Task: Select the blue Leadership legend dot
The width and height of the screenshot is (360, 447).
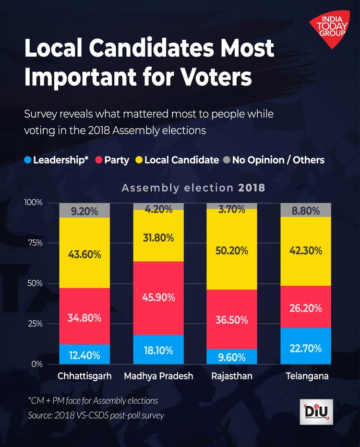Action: [28, 160]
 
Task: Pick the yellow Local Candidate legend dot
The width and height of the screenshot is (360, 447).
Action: [139, 160]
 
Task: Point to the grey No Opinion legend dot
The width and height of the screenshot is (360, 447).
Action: [227, 160]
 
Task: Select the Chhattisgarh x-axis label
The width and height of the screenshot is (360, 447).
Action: [84, 376]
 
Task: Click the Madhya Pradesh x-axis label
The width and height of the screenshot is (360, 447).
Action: [158, 376]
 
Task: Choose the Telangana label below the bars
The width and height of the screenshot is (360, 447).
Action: [307, 376]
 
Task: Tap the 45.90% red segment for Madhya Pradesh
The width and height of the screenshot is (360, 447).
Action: [158, 298]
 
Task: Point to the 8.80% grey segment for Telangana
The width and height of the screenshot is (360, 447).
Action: [305, 210]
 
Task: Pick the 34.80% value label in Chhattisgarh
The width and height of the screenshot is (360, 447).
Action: [84, 318]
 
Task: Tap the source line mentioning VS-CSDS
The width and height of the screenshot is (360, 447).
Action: [96, 415]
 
